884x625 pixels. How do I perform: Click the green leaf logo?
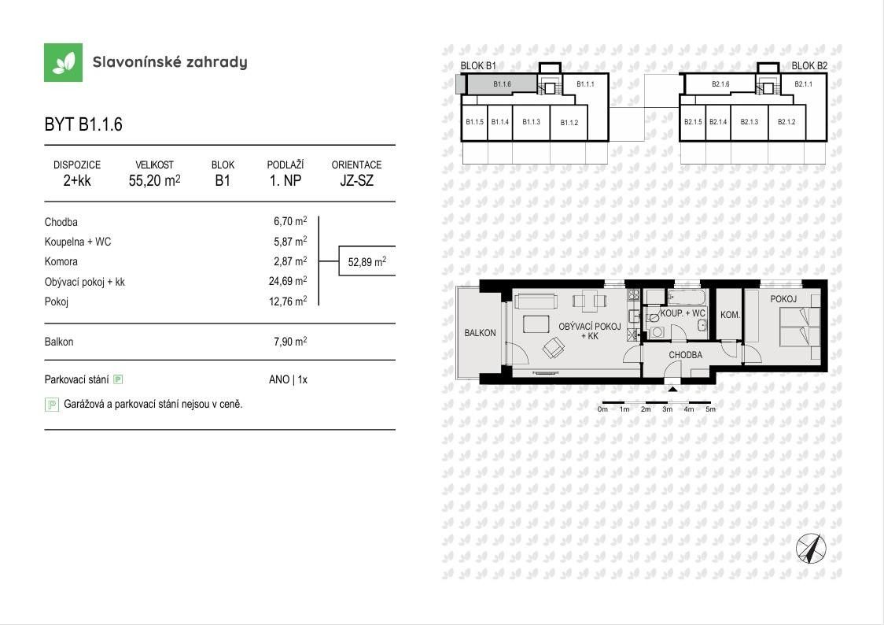click(63, 62)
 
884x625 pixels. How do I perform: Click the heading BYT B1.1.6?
click(83, 124)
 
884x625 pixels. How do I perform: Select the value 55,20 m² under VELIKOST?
click(154, 180)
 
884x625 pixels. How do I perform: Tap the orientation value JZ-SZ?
click(356, 180)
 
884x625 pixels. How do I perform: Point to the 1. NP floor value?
click(285, 180)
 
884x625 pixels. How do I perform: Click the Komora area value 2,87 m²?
click(289, 261)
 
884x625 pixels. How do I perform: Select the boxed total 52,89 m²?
click(366, 262)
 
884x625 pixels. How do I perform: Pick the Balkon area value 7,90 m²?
click(289, 342)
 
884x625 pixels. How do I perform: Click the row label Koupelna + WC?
click(78, 242)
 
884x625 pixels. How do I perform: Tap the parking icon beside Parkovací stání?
click(118, 379)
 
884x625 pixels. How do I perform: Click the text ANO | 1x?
click(288, 379)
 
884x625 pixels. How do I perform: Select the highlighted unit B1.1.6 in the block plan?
click(501, 84)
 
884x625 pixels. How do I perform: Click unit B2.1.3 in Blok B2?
click(749, 122)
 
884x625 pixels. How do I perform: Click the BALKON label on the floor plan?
click(480, 333)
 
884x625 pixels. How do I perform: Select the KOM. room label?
click(730, 315)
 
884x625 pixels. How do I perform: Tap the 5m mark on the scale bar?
click(710, 409)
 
